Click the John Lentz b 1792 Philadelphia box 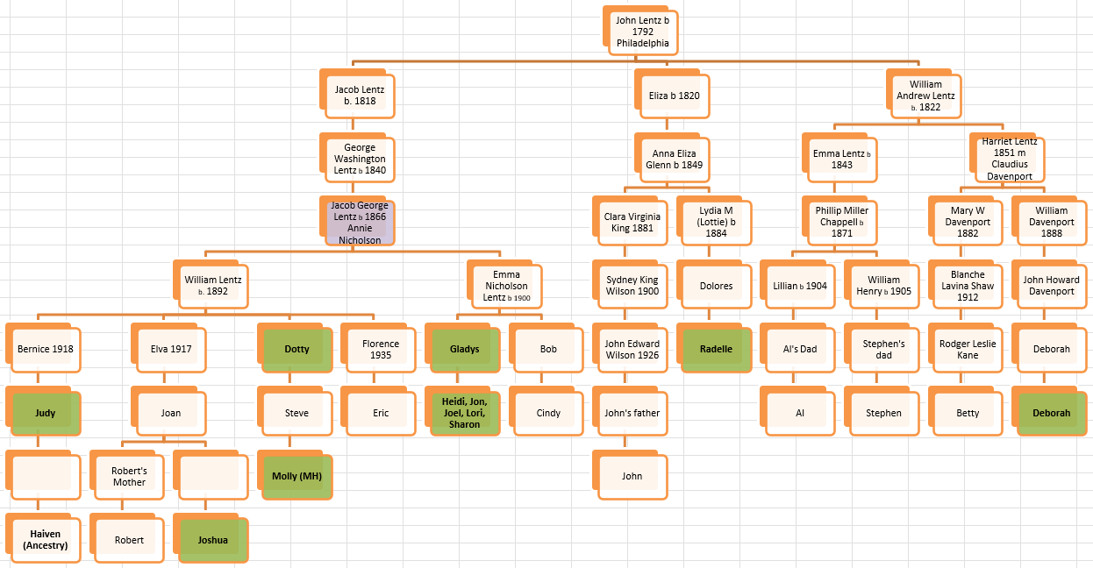(x=642, y=32)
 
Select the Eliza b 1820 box (x=674, y=96)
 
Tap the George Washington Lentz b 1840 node (x=360, y=160)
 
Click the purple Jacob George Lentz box (x=360, y=223)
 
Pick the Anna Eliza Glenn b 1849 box (x=674, y=160)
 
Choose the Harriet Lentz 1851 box (x=1010, y=159)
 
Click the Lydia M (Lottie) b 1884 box (x=716, y=223)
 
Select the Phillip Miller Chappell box (x=841, y=223)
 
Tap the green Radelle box (x=716, y=349)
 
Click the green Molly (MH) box (x=296, y=476)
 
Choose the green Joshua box (x=212, y=540)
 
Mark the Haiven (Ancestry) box (x=45, y=540)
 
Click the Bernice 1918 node (x=45, y=349)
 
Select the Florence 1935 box (x=381, y=349)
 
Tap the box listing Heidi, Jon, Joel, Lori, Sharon (x=464, y=413)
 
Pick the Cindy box (x=548, y=413)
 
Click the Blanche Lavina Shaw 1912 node (x=968, y=286)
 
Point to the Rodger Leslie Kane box (x=968, y=349)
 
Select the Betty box (x=968, y=413)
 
